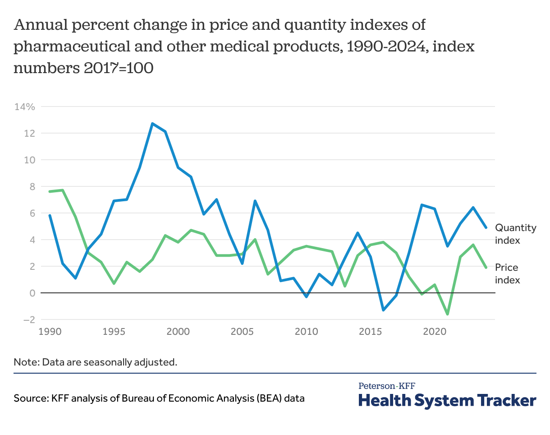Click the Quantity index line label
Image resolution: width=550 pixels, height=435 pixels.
pos(515,234)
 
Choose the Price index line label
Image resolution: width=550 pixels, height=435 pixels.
pos(507,273)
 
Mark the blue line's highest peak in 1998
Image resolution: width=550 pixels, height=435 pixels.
pos(152,123)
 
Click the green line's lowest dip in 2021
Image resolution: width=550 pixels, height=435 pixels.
pos(447,314)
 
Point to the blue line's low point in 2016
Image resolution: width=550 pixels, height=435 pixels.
pos(383,310)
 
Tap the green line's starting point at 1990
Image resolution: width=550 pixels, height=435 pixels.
pos(50,191)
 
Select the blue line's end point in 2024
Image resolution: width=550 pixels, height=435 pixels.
pos(486,227)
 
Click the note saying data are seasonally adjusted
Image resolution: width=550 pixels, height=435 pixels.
pos(95,362)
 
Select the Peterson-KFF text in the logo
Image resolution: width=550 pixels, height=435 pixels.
pos(387,386)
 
